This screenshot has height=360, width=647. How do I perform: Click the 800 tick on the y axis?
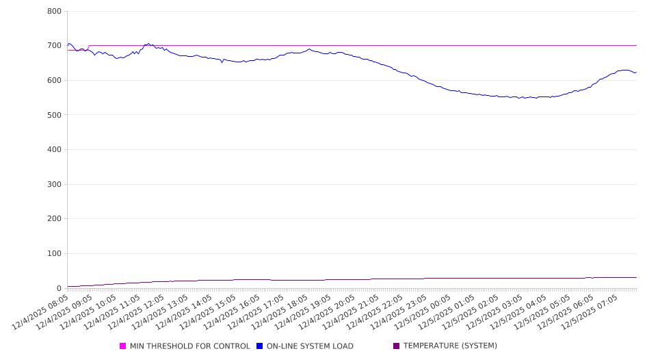[55, 12]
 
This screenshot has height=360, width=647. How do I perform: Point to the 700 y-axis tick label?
[55, 46]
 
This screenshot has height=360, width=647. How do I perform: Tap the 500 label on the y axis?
[55, 115]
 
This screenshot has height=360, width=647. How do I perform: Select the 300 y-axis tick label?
[55, 185]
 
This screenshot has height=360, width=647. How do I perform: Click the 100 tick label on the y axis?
[55, 254]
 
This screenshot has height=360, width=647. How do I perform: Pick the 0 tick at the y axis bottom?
[60, 288]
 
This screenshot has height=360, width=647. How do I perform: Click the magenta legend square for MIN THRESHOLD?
[123, 346]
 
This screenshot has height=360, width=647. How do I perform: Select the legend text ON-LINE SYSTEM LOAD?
[310, 346]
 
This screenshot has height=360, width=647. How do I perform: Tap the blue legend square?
[260, 346]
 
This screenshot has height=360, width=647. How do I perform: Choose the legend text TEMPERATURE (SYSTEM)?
[450, 346]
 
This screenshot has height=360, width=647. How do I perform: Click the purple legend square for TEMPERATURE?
[397, 346]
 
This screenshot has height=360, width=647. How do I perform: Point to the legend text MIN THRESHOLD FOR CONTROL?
[190, 346]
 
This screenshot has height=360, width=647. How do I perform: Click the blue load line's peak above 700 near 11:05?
[148, 44]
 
